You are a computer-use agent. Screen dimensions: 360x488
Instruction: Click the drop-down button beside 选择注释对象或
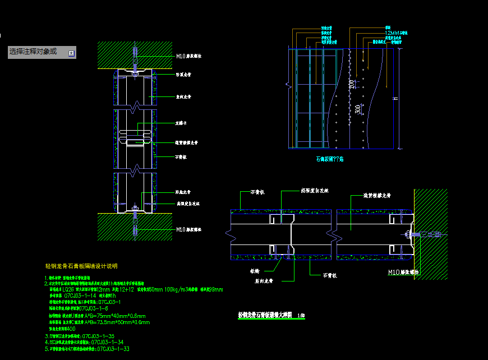[x=71, y=53]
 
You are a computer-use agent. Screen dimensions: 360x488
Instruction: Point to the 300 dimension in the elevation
[x=358, y=109]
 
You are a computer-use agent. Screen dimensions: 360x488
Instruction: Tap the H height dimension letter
[x=395, y=99]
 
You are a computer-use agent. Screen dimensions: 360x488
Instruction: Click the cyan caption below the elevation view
[x=330, y=159]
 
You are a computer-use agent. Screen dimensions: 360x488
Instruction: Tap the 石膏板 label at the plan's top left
[x=258, y=192]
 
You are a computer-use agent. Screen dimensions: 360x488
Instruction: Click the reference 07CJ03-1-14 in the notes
[x=84, y=295]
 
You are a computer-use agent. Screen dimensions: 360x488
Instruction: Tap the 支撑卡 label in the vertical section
[x=181, y=122]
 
